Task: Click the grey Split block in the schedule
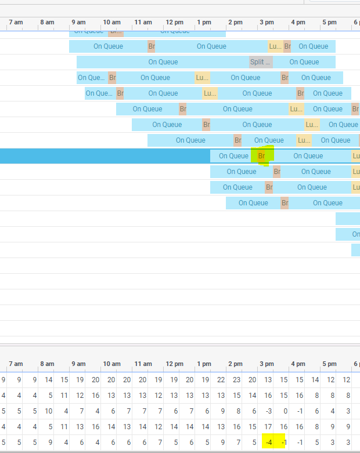[x=261, y=62]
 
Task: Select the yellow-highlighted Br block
[x=261, y=155]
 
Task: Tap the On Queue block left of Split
[x=163, y=62]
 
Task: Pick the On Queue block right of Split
[x=304, y=62]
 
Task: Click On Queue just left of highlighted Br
[x=233, y=155]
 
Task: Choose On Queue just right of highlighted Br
[x=308, y=155]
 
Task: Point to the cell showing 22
[x=221, y=380]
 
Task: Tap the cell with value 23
[x=237, y=380]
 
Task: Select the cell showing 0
[x=284, y=411]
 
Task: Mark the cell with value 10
[x=49, y=411]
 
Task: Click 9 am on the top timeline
[x=78, y=22]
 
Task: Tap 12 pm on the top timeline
[x=174, y=22]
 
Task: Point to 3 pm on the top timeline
[x=267, y=22]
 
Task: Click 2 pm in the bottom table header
[x=235, y=364]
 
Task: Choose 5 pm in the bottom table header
[x=329, y=364]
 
